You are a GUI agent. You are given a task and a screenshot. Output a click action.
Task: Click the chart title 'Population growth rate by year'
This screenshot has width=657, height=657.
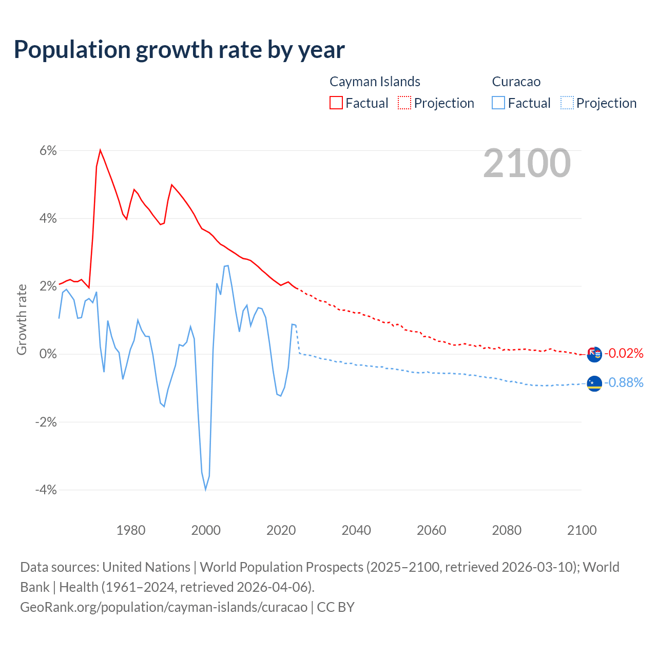(179, 50)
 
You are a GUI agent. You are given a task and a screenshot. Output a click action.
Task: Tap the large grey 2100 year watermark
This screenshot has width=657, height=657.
(527, 163)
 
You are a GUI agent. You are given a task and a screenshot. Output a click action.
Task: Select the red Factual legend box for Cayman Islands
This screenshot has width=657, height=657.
(336, 103)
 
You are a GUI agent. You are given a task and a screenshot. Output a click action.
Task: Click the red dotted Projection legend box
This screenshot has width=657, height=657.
(404, 103)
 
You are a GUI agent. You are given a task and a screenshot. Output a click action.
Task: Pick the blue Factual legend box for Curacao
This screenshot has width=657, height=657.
(498, 103)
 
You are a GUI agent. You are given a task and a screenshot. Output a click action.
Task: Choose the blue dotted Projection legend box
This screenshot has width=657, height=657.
(567, 103)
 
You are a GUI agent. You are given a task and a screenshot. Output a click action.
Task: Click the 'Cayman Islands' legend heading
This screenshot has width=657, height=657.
(375, 82)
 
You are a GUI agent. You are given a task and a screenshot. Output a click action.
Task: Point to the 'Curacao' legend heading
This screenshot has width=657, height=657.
(516, 82)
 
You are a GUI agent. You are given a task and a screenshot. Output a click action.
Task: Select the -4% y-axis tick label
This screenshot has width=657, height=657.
(46, 490)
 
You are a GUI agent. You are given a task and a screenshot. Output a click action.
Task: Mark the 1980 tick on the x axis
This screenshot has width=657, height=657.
(131, 530)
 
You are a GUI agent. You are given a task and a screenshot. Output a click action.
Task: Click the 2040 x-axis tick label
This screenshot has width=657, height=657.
(356, 530)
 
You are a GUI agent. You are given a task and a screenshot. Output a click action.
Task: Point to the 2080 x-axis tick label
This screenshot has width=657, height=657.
(507, 530)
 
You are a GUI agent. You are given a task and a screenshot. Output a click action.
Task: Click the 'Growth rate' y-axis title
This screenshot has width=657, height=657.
(22, 319)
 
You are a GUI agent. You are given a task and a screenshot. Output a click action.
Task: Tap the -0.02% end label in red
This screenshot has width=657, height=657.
(623, 353)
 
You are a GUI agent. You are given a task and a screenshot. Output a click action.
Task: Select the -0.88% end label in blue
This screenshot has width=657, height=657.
(623, 382)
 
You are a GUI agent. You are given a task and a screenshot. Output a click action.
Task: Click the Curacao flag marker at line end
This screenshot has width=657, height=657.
(594, 383)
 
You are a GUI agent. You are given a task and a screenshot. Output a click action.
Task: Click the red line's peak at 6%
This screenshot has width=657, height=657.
(100, 150)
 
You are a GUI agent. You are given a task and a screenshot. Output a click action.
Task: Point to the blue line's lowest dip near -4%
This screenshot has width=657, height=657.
(205, 489)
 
